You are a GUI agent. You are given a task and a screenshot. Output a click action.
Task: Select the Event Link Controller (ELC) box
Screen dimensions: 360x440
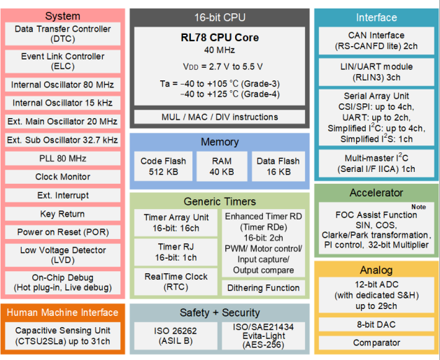pos(62,62)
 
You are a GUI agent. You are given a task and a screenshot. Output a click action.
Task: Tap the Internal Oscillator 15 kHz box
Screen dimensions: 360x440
pos(62,103)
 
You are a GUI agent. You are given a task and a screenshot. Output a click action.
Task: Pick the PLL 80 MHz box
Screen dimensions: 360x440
pos(62,159)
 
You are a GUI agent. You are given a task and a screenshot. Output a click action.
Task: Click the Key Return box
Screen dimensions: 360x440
pos(62,214)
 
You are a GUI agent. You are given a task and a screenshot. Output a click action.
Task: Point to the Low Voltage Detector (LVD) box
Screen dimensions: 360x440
pos(62,255)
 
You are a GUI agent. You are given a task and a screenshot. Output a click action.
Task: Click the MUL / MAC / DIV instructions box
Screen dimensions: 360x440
pos(220,117)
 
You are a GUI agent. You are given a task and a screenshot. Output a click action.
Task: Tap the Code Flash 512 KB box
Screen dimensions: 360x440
pos(163,166)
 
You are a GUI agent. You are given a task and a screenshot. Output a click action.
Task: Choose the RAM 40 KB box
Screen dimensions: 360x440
pos(220,166)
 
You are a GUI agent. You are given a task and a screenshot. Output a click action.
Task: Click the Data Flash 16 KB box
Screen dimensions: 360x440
pos(278,166)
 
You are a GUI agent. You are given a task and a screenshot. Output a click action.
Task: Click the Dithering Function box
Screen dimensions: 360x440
pos(263,287)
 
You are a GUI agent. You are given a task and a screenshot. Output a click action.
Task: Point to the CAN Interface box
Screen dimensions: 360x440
pos(376,41)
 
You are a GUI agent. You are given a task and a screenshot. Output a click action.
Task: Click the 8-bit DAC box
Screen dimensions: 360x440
pos(376,325)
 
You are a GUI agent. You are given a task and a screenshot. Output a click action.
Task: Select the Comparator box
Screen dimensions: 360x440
pos(376,343)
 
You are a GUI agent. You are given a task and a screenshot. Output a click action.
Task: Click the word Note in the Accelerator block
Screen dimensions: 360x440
pos(418,207)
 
